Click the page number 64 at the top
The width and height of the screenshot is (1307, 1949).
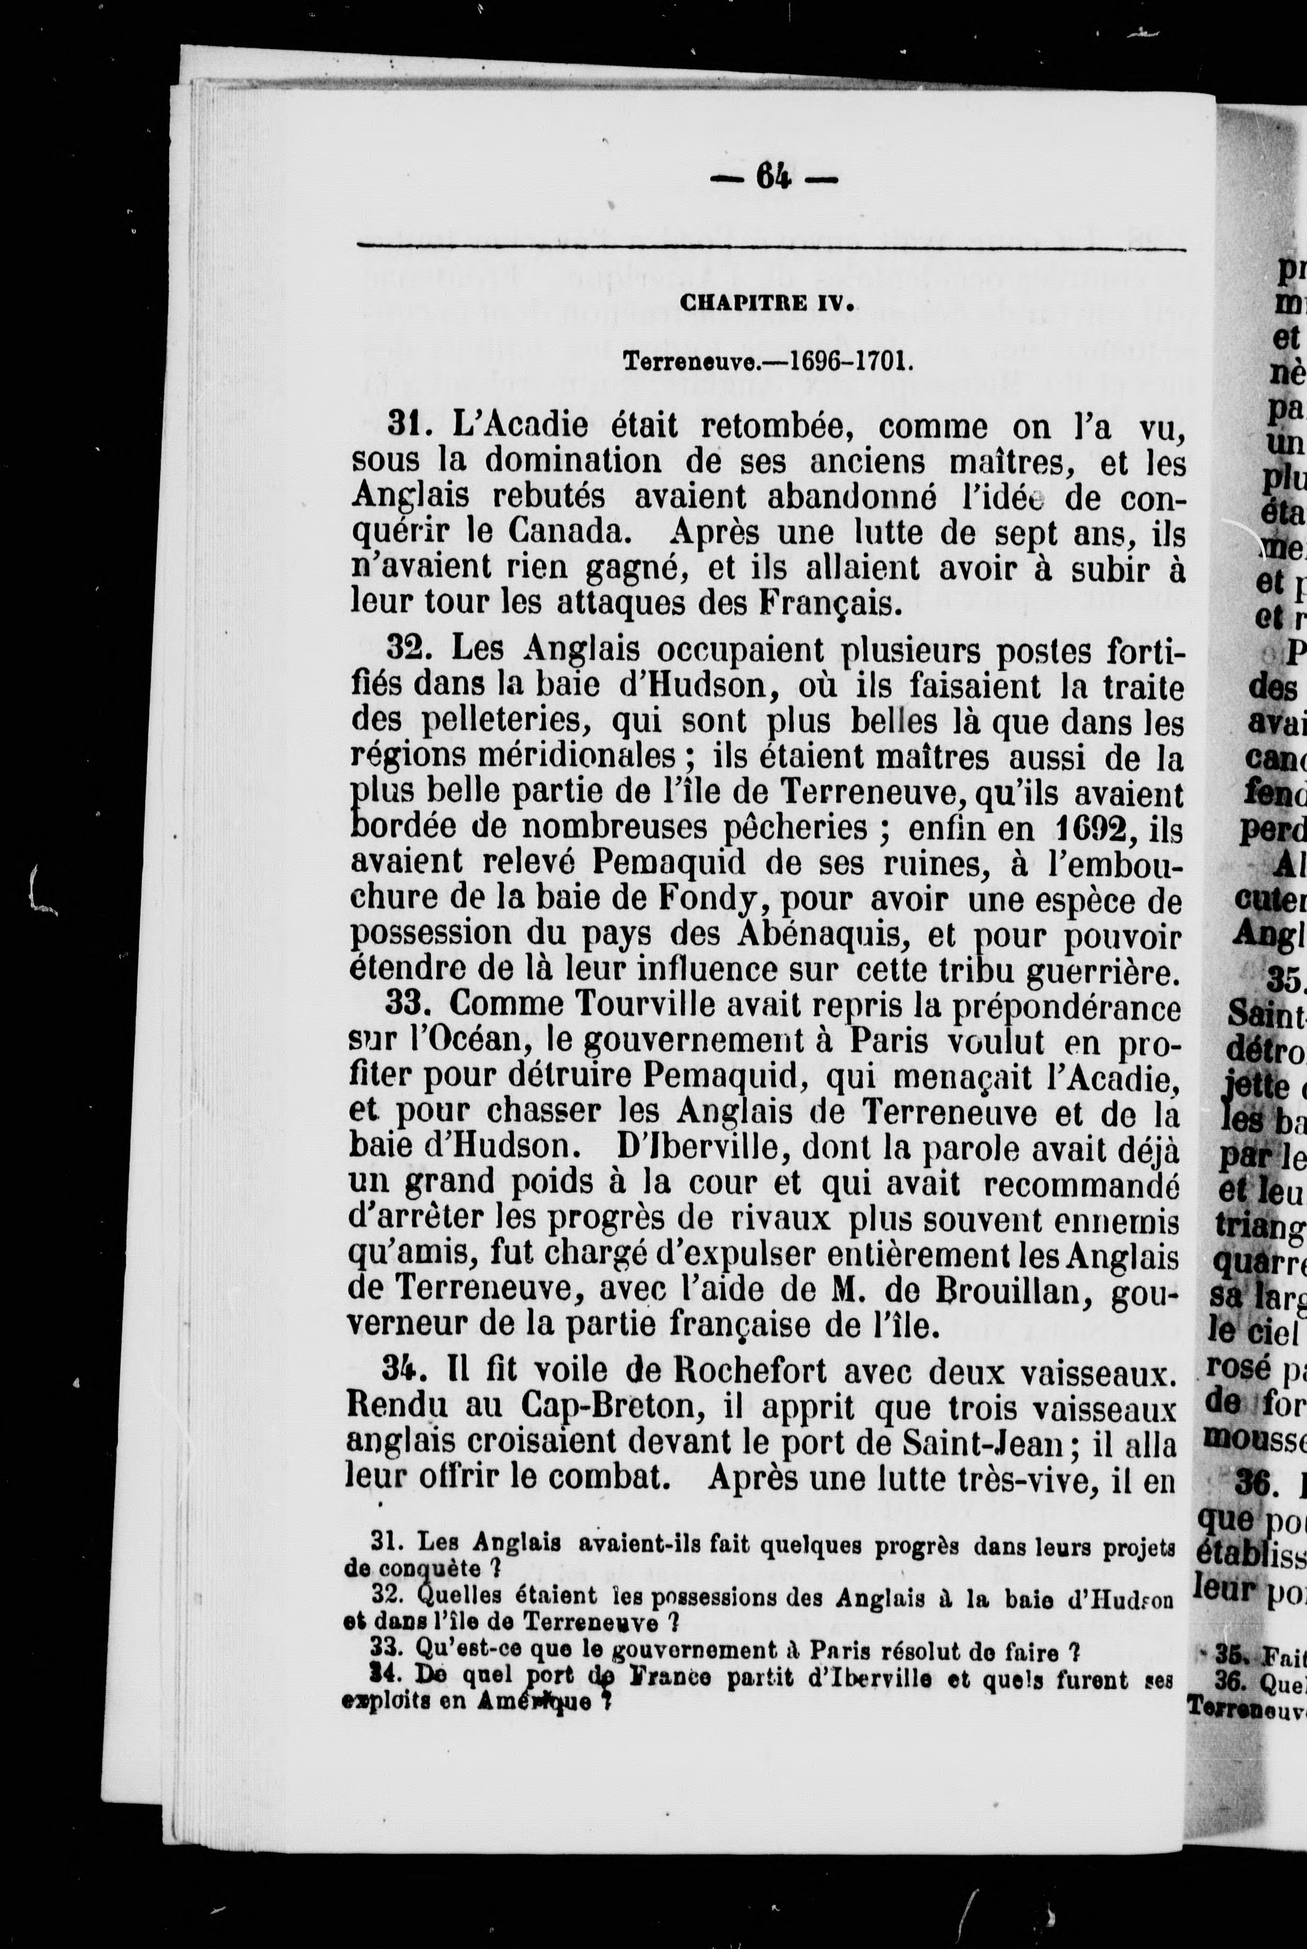pyautogui.click(x=773, y=178)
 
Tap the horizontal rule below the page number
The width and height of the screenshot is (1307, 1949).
pyautogui.click(x=771, y=245)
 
